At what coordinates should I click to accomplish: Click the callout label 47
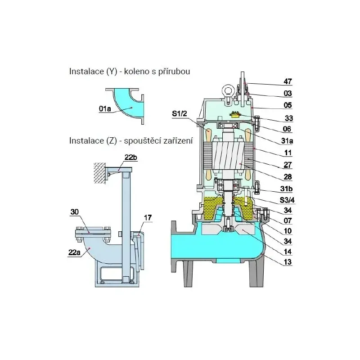tap(288, 81)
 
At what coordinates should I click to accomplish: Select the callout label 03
tap(288, 94)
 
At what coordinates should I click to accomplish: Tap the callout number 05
tap(288, 105)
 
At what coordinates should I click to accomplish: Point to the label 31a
tap(287, 141)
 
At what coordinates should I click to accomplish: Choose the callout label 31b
tap(287, 189)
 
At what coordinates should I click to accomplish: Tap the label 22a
tap(75, 253)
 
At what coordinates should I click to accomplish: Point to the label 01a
tap(105, 108)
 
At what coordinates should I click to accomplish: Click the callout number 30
tap(74, 211)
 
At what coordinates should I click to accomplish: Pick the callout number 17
tap(147, 218)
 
